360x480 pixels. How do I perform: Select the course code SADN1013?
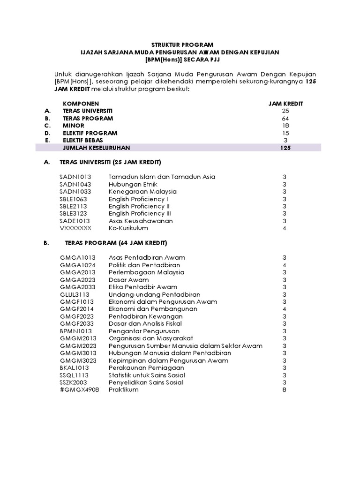point(75,177)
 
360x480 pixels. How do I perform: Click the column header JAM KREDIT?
point(285,104)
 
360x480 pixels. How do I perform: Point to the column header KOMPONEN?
point(81,104)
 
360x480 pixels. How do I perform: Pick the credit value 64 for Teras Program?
point(285,118)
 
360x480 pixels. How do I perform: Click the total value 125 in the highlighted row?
point(285,148)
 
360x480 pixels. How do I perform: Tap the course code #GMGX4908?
point(79,390)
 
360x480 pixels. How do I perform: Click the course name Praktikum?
point(123,390)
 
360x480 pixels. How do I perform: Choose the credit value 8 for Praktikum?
point(284,390)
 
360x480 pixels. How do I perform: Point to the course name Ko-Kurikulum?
point(128,228)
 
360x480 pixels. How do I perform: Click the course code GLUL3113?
point(75,294)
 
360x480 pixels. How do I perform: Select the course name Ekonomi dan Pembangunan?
point(153,309)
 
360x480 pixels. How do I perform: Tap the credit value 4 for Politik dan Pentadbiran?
point(284,265)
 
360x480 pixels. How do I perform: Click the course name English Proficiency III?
point(140,213)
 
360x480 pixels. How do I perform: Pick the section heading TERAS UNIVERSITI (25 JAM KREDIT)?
point(110,162)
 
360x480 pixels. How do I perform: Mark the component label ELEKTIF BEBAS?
point(83,140)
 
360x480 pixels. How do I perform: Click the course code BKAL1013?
point(74,367)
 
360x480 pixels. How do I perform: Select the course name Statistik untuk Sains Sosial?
point(147,375)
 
